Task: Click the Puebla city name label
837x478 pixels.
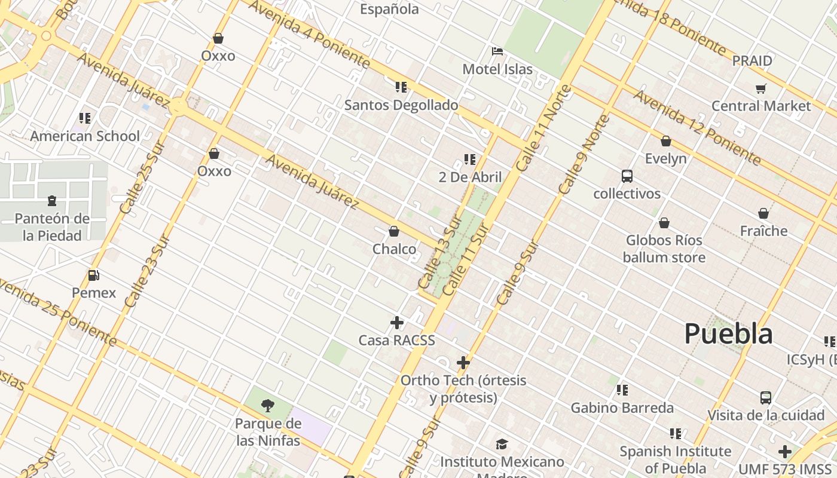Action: (x=728, y=333)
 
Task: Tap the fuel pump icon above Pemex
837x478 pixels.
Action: (x=93, y=275)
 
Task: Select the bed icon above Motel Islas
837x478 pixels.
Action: (x=497, y=51)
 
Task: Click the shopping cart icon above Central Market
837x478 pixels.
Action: (x=760, y=89)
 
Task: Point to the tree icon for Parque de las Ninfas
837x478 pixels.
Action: (x=268, y=406)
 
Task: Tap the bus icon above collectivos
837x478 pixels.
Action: (x=627, y=176)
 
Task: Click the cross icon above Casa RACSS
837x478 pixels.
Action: (x=396, y=323)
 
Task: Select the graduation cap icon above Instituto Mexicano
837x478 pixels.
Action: (x=502, y=444)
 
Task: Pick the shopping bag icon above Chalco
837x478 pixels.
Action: (x=394, y=231)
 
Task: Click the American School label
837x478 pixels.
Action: (x=85, y=136)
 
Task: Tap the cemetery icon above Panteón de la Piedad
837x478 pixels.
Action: (x=52, y=200)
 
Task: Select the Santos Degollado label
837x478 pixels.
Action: (x=401, y=105)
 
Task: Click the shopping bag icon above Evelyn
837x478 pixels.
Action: (x=665, y=141)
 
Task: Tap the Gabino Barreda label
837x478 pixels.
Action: (x=622, y=408)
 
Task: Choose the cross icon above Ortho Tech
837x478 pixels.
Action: (x=463, y=363)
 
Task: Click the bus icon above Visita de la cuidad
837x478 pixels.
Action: (x=765, y=397)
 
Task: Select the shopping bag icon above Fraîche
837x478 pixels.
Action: (x=763, y=213)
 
